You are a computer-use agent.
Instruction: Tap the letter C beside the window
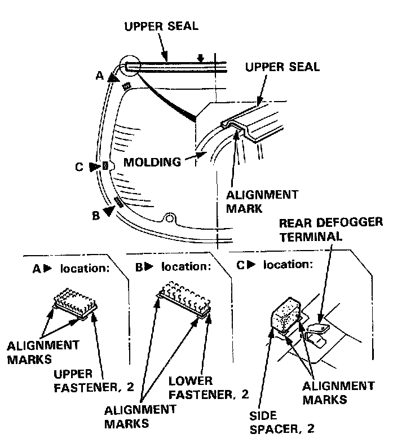coord(80,166)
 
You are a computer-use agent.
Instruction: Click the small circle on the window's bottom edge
coord(167,217)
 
